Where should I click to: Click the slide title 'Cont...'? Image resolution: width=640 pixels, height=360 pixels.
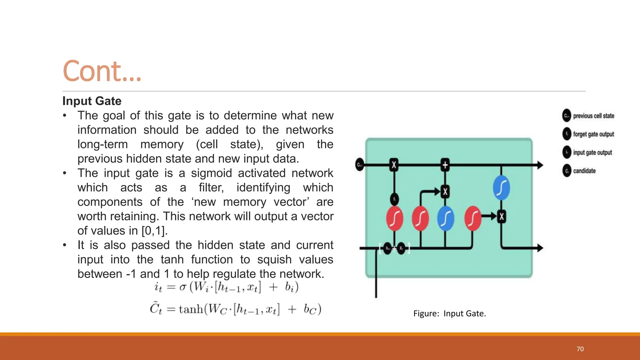102,71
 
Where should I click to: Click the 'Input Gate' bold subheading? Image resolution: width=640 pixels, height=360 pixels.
92,101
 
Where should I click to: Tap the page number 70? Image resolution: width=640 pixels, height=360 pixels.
580,349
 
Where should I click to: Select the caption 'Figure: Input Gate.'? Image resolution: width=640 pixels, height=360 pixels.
449,313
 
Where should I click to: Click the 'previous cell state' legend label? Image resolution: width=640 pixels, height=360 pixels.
593,116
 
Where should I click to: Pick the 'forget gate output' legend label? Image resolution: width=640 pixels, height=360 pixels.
593,134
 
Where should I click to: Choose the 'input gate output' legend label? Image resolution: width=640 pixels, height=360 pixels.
592,152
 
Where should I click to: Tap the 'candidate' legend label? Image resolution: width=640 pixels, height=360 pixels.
584,171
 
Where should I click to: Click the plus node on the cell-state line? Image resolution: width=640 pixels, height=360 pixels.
445,165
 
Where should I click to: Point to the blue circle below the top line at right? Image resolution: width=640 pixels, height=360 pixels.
501,188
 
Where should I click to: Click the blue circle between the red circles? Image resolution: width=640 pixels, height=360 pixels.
445,218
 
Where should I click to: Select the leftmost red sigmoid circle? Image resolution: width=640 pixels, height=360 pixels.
394,218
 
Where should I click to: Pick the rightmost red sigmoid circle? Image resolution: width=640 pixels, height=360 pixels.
473,218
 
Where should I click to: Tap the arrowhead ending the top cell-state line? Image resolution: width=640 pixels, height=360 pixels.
540,165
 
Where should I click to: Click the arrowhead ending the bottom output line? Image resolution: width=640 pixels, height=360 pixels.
540,248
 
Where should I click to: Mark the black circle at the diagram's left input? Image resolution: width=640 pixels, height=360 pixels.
359,165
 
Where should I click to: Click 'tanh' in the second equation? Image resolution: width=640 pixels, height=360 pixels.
191,309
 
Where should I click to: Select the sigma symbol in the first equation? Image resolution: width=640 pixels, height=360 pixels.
183,287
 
